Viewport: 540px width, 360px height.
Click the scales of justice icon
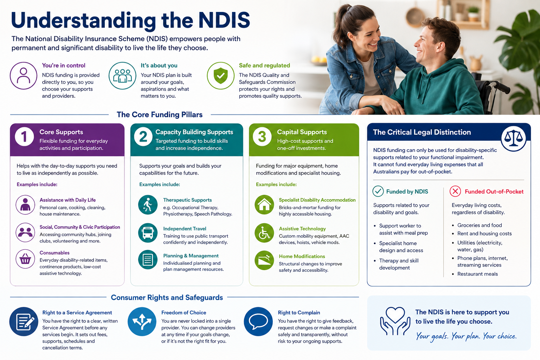coord(514,139)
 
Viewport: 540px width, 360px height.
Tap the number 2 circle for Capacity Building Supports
coord(143,137)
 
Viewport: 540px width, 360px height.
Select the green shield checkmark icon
coord(220,76)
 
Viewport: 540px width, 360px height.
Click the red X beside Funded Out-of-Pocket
coord(455,192)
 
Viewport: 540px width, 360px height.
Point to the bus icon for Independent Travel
coord(148,233)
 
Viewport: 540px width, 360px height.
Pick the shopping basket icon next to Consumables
coord(25,259)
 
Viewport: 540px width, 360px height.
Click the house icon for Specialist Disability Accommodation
coord(264,205)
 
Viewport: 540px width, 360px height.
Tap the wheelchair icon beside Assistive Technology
coord(264,233)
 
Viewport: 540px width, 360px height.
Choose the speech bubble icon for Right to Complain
coord(258,321)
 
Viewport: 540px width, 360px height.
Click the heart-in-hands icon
coord(395,321)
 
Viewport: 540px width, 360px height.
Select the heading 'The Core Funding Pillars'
coord(160,115)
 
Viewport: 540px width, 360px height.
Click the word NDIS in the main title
coord(224,20)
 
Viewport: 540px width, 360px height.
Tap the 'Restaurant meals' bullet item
coord(477,274)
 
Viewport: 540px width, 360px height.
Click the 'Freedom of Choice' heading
coord(184,313)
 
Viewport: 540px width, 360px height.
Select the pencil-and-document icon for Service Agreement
coord(24,321)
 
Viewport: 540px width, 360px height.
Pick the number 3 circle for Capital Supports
coord(262,137)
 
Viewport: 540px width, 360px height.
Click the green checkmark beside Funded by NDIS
coord(378,192)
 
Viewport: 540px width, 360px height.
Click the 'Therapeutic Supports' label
coord(187,200)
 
